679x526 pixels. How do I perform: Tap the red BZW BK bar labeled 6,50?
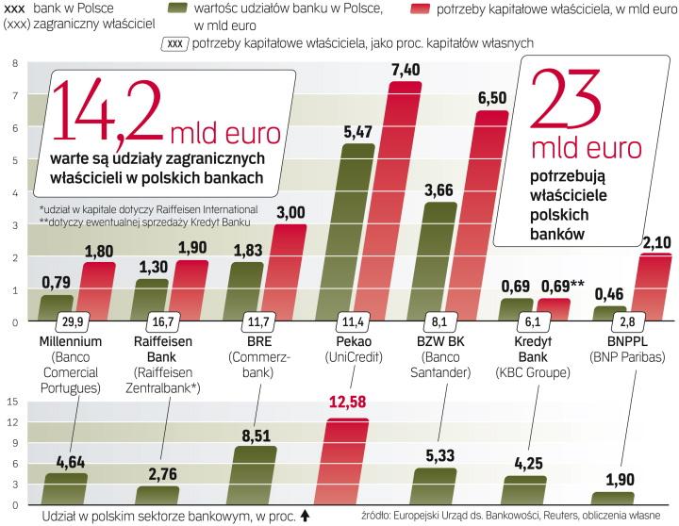click(x=490, y=217)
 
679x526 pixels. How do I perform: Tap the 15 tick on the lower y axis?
click(x=13, y=401)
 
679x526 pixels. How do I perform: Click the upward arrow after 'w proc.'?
click(x=304, y=516)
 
